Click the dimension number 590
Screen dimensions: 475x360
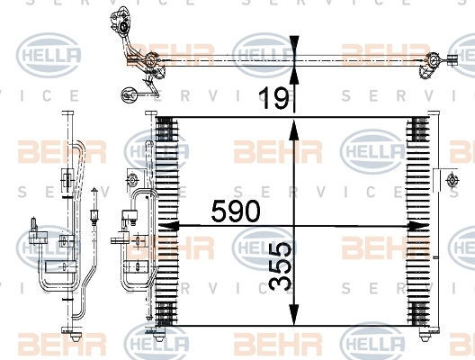(236, 211)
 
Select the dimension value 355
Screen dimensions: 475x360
(280, 266)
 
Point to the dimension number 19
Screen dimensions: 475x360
(274, 97)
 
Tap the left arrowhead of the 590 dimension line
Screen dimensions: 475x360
(167, 226)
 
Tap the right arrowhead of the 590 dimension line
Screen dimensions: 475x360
(418, 226)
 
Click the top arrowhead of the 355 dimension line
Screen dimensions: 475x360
(293, 130)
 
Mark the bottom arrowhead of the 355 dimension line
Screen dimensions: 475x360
(293, 315)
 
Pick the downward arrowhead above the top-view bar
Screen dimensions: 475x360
(294, 46)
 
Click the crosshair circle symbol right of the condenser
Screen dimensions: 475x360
(452, 181)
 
